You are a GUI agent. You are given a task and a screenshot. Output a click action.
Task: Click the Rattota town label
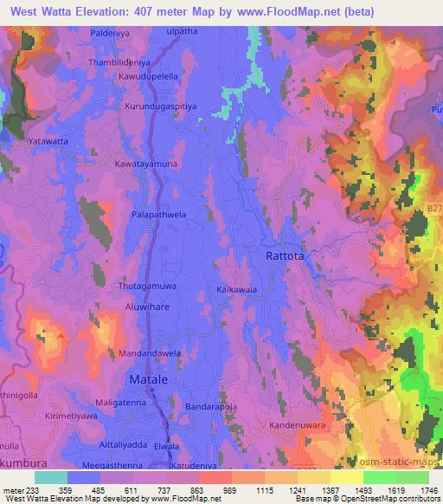pyautogui.click(x=287, y=256)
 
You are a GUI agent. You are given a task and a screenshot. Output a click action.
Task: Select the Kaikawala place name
pyautogui.click(x=235, y=291)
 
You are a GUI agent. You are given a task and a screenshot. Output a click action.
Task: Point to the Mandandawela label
pyautogui.click(x=150, y=354)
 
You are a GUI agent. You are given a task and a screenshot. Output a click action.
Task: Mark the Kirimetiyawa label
pyautogui.click(x=61, y=417)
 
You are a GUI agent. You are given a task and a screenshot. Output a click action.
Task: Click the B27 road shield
pyautogui.click(x=433, y=209)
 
